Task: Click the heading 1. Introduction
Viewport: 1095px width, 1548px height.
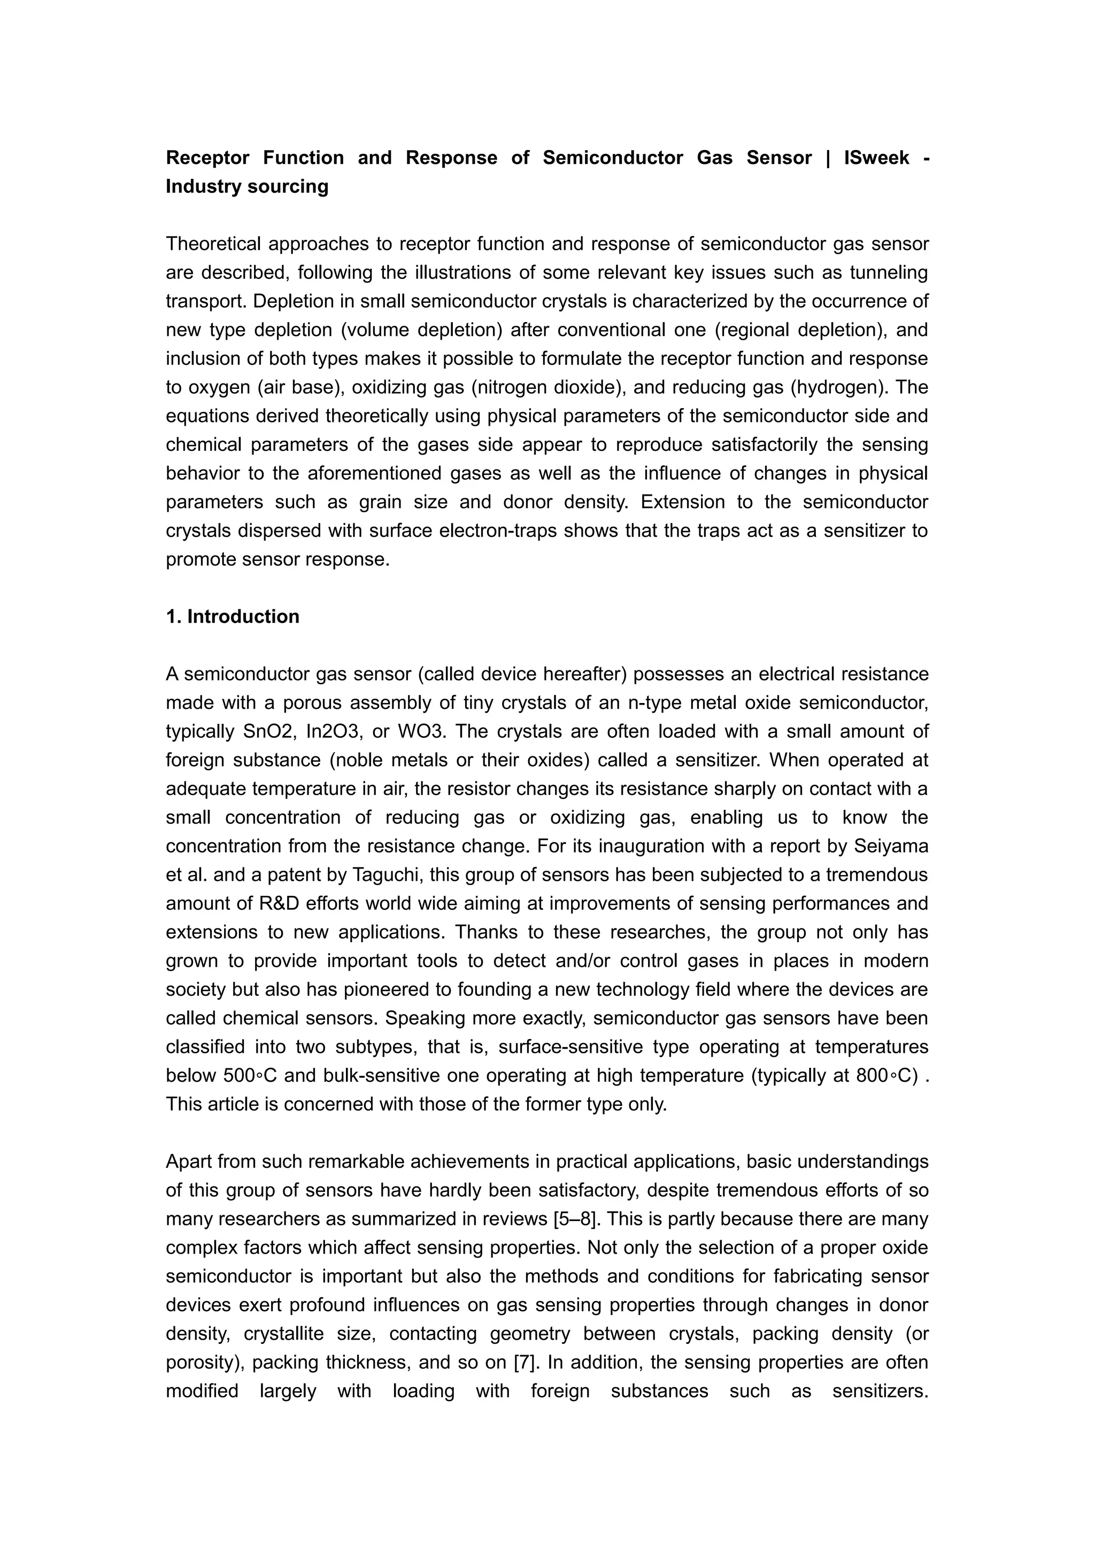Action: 233,616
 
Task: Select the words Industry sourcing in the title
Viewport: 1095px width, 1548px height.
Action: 247,187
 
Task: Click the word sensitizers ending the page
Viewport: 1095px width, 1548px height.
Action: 880,1391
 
